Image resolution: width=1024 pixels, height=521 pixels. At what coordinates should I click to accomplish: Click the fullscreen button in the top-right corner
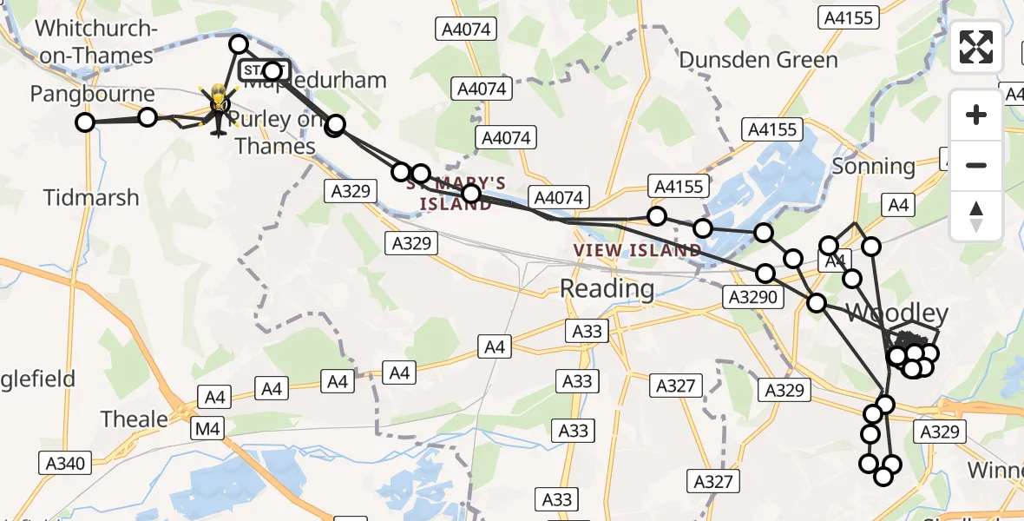pos(976,47)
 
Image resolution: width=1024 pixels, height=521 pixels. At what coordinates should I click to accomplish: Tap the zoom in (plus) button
pos(976,115)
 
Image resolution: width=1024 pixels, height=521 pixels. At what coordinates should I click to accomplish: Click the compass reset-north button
pos(976,216)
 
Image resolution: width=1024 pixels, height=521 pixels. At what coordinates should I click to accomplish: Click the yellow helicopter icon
pos(216,109)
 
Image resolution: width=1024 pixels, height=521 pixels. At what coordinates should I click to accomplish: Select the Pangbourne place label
pos(93,94)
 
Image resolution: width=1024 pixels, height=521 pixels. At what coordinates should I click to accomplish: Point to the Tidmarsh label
pos(92,197)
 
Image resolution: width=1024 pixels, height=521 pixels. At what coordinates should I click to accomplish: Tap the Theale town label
pos(135,419)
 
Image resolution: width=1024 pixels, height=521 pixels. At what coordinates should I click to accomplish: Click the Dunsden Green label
pos(758,60)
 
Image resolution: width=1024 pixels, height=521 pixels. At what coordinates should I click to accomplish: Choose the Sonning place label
pos(873,166)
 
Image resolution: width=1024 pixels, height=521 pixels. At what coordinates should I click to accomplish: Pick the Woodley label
pos(896,313)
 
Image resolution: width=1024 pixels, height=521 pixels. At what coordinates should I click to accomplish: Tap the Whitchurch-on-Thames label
pos(95,42)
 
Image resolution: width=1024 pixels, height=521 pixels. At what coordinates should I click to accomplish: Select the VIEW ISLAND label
pos(638,251)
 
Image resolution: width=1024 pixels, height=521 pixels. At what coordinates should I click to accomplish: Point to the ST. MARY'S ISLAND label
pos(463,193)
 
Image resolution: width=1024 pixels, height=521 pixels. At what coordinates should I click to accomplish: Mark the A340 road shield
pos(64,464)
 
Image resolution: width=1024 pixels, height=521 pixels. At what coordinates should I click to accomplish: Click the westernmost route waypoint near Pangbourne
pos(85,122)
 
